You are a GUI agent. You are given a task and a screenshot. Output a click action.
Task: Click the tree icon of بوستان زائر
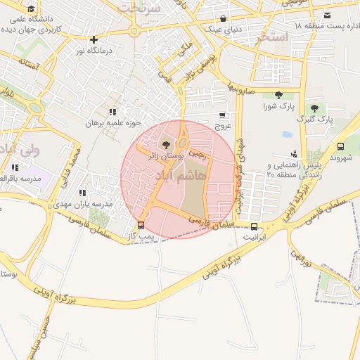166,145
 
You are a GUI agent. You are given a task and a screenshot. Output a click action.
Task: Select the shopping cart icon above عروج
223,115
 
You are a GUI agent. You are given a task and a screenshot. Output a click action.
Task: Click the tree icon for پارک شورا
279,95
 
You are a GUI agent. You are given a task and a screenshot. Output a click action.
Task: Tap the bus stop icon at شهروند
341,146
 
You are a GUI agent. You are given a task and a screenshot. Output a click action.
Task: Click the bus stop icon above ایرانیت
255,226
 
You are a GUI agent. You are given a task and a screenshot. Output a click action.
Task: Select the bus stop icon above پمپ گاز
141,226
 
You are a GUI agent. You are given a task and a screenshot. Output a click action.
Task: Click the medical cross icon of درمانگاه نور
94,39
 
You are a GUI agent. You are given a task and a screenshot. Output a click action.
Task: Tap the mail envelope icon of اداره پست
328,15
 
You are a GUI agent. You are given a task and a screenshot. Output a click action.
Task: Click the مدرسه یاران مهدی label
79,204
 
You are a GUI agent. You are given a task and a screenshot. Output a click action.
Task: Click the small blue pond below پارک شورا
287,134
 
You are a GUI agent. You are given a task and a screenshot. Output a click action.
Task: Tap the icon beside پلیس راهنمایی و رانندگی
293,154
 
